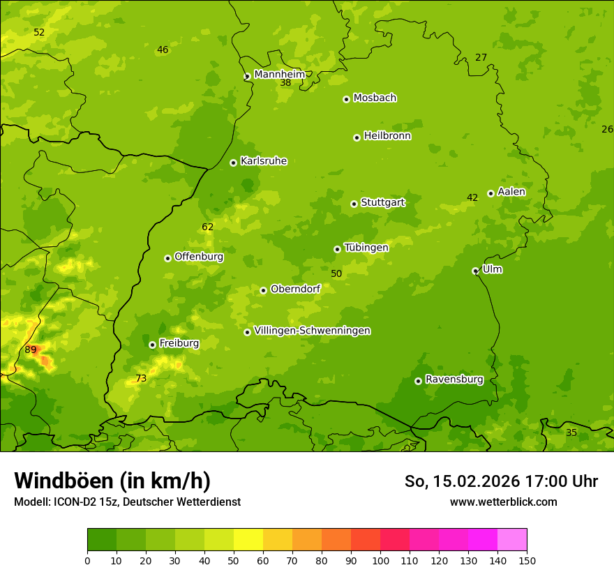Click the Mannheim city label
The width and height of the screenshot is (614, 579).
point(279,74)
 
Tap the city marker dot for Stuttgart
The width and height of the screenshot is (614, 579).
point(354,204)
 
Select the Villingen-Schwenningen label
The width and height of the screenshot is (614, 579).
point(312,331)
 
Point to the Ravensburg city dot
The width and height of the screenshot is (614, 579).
point(418,381)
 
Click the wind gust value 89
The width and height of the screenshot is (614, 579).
point(31,349)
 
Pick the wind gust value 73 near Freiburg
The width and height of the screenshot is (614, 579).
point(141,379)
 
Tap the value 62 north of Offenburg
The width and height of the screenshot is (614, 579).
point(208,227)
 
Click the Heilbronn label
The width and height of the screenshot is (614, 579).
point(387,136)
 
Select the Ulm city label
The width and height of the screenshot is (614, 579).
point(492,269)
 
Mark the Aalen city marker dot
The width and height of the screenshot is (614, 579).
point(491,193)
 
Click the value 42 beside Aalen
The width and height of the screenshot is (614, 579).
point(472,197)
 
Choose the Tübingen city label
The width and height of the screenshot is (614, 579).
point(366,248)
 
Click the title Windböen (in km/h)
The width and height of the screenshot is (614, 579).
point(112,481)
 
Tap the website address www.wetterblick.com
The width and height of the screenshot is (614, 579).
point(503,502)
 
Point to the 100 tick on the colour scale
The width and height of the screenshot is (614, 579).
point(380,560)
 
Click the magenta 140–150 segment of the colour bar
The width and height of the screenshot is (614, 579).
point(512,540)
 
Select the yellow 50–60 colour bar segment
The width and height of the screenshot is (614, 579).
point(248,540)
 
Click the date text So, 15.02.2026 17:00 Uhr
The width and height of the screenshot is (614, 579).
point(501,481)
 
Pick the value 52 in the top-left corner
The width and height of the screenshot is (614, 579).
point(39,32)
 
